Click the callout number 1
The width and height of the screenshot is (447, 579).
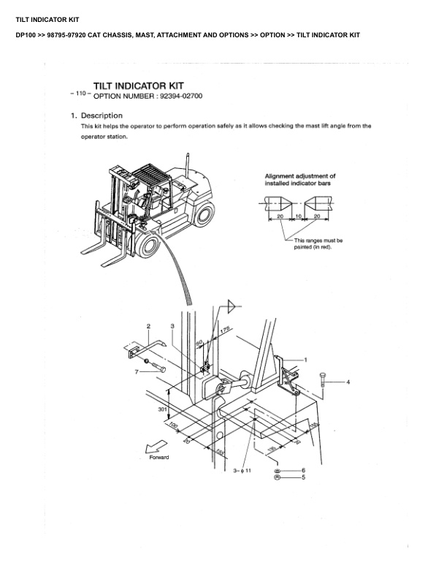(x=305, y=360)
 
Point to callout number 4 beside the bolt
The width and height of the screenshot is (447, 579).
(x=348, y=382)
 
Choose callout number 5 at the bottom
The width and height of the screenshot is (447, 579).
(x=303, y=477)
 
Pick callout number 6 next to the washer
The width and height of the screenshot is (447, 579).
(x=303, y=470)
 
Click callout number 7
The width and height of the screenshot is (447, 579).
(x=136, y=372)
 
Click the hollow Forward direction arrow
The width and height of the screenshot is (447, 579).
(x=153, y=447)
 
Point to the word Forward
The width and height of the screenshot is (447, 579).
(x=159, y=458)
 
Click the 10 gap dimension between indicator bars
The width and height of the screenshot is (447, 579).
(x=299, y=216)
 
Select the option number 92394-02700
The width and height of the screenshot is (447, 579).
(x=180, y=96)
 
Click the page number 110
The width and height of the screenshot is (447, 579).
(x=80, y=95)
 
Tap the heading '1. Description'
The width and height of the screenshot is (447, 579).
(x=96, y=116)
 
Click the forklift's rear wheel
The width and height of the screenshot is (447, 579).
(x=203, y=214)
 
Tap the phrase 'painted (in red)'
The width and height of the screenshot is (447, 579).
(x=313, y=246)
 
